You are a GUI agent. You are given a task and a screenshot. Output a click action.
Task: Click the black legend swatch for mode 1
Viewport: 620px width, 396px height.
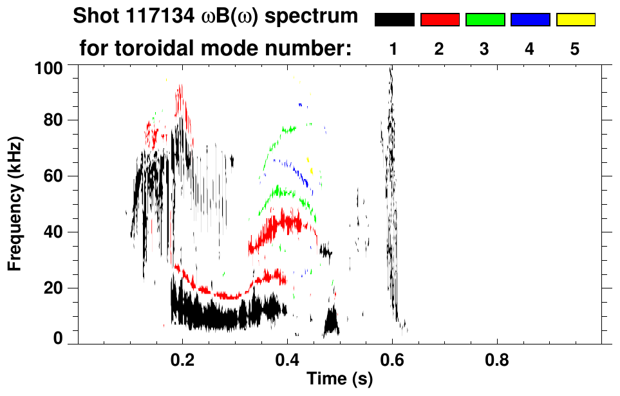tap(394, 20)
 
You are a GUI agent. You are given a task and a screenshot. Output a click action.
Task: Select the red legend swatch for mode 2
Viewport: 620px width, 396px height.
tap(439, 20)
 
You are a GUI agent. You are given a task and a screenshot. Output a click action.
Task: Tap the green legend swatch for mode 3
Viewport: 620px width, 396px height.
tap(484, 20)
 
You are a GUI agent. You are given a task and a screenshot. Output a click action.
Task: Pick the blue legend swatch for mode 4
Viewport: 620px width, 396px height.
tap(530, 20)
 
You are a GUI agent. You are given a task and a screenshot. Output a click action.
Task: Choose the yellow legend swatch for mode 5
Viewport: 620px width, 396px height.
tap(575, 20)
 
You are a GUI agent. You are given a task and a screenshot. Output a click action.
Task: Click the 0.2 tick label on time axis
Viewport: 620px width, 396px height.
tap(183, 359)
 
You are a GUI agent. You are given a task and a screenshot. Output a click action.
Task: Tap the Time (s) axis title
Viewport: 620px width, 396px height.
tap(339, 379)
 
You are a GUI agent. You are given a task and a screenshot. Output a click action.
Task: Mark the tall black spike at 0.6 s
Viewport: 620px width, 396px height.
tap(390, 193)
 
